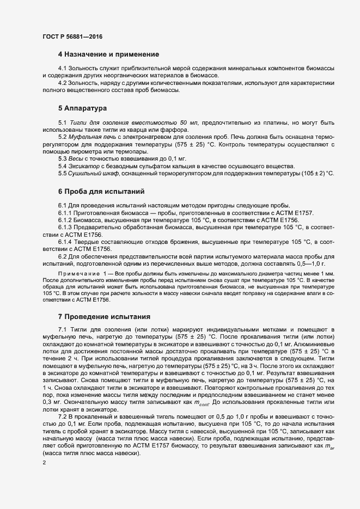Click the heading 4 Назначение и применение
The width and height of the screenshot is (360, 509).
[x=108, y=54]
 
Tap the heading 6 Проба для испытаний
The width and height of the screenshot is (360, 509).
[x=101, y=192]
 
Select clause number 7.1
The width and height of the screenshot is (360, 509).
[x=63, y=330]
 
